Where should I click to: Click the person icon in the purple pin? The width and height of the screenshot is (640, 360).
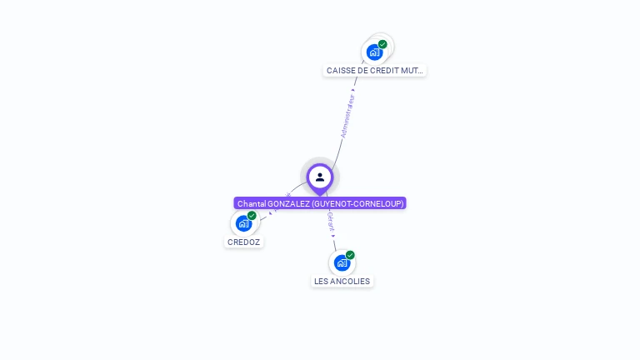(x=320, y=177)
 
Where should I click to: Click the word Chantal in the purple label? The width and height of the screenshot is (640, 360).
(x=251, y=203)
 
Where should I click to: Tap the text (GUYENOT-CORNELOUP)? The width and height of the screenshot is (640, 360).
(x=357, y=203)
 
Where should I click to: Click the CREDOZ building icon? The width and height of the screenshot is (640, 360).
(x=243, y=223)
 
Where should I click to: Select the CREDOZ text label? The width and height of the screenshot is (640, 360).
(x=243, y=242)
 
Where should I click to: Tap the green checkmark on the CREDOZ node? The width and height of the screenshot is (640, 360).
(x=252, y=216)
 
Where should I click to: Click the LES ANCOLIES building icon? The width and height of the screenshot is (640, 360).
(x=342, y=262)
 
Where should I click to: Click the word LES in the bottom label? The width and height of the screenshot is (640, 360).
(x=320, y=282)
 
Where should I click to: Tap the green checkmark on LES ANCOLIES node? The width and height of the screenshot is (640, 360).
(x=350, y=255)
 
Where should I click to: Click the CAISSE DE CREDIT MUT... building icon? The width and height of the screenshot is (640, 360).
(x=375, y=52)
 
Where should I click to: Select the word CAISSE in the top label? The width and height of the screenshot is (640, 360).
(x=341, y=71)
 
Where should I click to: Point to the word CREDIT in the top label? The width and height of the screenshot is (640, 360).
(x=384, y=71)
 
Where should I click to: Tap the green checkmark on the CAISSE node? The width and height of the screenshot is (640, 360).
(x=382, y=44)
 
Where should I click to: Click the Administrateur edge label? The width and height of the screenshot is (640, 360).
(x=348, y=116)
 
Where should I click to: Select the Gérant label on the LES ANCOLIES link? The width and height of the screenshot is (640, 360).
(x=331, y=222)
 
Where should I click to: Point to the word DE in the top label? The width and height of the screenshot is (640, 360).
(x=363, y=71)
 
